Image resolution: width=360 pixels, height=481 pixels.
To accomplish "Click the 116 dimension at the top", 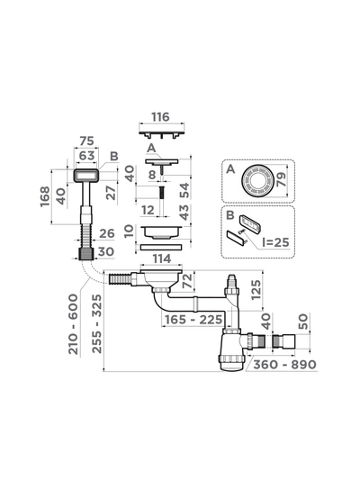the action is (x=160, y=117).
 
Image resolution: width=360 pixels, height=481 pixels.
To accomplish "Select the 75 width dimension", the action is (x=86, y=141).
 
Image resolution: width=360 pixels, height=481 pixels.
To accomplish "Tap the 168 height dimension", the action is (x=45, y=196).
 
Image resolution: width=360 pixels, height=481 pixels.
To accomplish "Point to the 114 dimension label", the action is (x=162, y=259).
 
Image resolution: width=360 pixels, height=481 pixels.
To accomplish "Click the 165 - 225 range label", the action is (x=193, y=320).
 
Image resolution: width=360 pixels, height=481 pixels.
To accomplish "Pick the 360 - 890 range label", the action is (x=285, y=365).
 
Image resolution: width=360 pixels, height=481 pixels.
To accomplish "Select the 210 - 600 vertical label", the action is (x=73, y=324).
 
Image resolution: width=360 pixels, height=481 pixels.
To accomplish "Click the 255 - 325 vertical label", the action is (x=97, y=323).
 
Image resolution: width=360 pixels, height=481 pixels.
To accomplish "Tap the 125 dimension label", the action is (x=256, y=290).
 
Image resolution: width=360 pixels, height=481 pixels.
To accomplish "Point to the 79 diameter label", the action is (x=281, y=179).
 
